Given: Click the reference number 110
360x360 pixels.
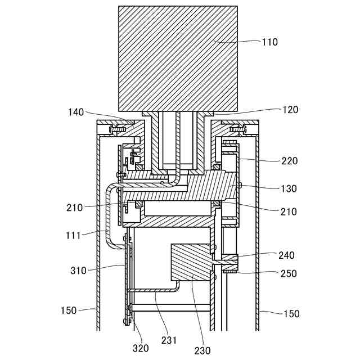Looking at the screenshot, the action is click(x=270, y=42).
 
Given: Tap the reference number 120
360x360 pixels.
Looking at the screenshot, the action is click(x=290, y=110).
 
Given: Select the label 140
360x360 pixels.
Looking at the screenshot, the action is click(x=76, y=112).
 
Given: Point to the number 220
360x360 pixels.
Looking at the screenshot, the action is click(x=290, y=161).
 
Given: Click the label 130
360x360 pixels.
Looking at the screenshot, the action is click(x=289, y=189).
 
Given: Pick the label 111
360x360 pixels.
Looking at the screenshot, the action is click(x=73, y=235).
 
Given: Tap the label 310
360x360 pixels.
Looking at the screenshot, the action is click(x=78, y=271).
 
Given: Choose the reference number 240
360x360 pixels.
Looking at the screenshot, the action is click(x=286, y=255).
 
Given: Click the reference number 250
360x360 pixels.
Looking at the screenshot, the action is click(x=289, y=273).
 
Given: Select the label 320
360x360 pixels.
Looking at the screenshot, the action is click(x=141, y=348).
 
